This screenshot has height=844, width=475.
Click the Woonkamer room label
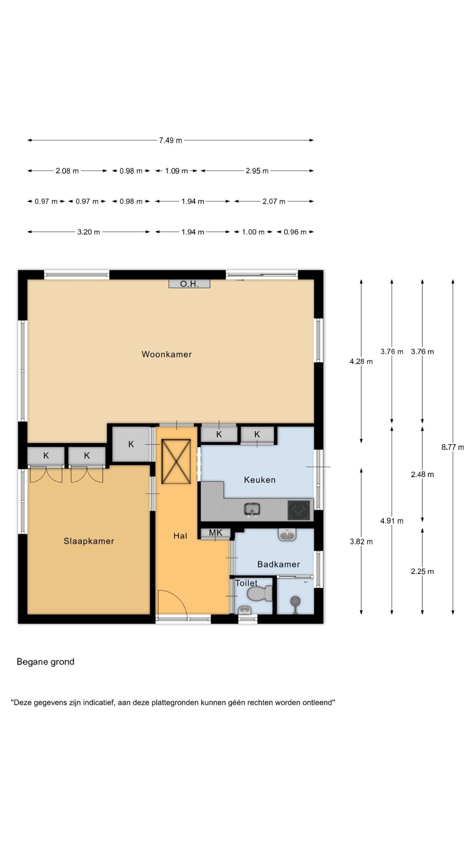click(x=167, y=354)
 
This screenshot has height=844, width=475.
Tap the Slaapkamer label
click(x=89, y=541)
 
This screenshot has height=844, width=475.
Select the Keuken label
click(x=260, y=480)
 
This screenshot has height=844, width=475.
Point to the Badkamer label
click(x=278, y=564)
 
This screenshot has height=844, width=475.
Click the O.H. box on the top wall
click(x=189, y=284)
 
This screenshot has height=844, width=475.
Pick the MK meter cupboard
click(x=215, y=533)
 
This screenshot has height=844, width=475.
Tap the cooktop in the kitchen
click(x=299, y=510)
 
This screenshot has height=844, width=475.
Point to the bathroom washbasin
click(x=287, y=535)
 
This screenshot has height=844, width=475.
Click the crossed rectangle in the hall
click(x=176, y=462)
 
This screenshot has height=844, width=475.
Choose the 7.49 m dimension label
click(x=171, y=140)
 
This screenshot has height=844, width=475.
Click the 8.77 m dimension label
click(x=453, y=447)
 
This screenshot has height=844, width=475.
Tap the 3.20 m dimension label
click(x=88, y=232)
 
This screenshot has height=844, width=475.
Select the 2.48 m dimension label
click(x=422, y=474)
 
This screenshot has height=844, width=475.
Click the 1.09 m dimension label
click(x=176, y=171)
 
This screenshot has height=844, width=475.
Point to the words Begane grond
click(x=46, y=662)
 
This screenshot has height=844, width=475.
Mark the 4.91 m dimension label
click(x=392, y=521)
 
